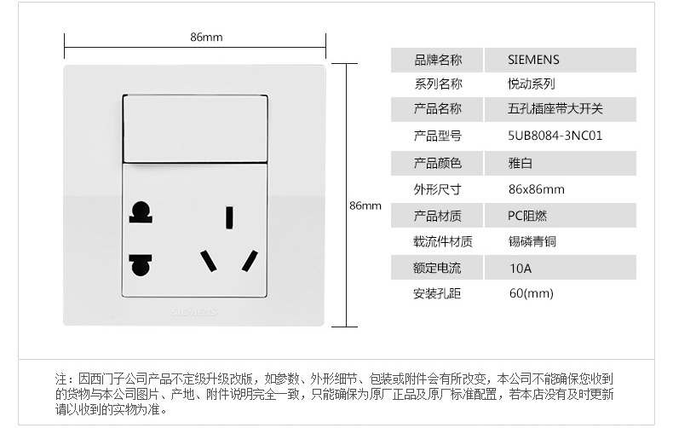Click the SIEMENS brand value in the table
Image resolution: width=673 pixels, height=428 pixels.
(x=533, y=60)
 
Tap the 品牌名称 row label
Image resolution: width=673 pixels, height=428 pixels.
(x=437, y=60)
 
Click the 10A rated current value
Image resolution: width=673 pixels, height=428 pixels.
(x=520, y=268)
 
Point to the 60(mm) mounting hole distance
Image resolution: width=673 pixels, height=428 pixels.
(x=531, y=293)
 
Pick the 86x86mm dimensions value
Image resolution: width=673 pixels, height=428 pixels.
(x=536, y=189)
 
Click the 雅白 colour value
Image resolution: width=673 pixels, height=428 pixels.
(x=521, y=162)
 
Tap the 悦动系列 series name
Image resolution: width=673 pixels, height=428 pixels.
(x=532, y=84)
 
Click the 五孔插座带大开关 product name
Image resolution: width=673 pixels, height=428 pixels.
(x=555, y=108)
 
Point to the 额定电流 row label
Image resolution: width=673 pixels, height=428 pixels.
(x=437, y=268)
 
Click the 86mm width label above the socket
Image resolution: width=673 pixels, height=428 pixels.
(x=206, y=37)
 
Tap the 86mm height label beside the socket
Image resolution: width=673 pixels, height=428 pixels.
(x=365, y=205)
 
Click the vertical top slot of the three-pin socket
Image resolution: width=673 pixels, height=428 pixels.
(x=229, y=217)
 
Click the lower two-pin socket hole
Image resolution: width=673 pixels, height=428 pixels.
(x=141, y=263)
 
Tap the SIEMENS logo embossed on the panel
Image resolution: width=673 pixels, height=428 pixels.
(x=195, y=312)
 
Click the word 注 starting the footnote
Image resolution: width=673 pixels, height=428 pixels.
(x=61, y=379)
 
